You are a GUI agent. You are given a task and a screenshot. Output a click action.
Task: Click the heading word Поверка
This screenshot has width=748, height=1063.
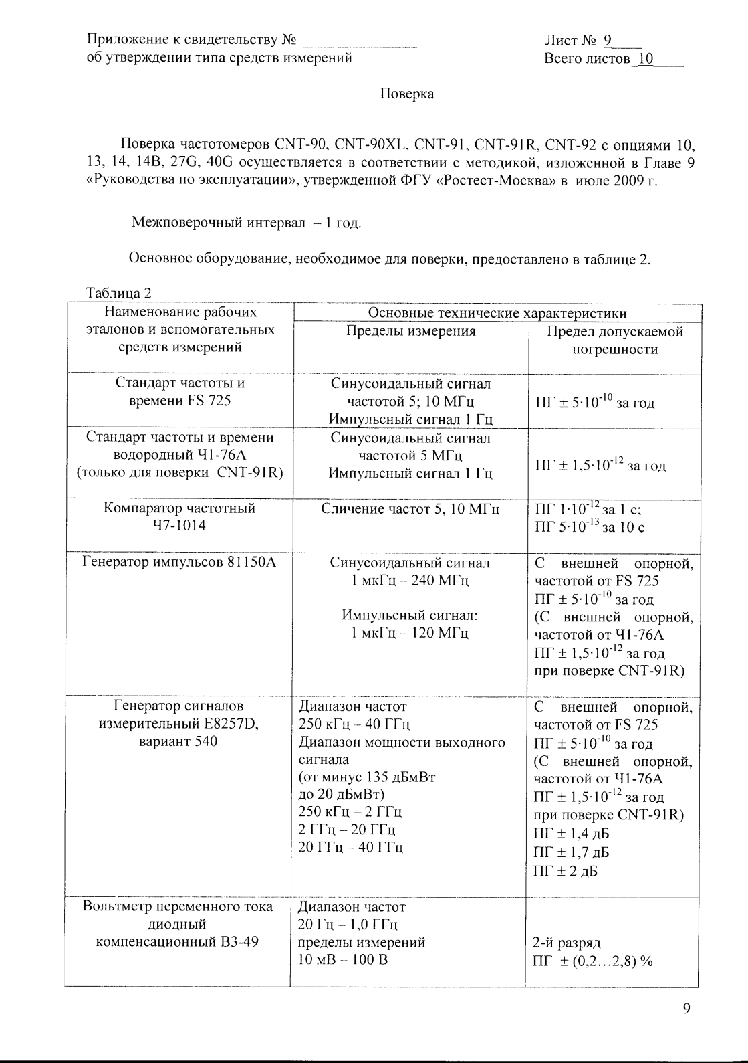click(x=406, y=94)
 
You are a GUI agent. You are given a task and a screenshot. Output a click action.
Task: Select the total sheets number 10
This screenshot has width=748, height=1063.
click(x=644, y=59)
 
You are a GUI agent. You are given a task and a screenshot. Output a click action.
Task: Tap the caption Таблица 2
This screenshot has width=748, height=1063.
click(x=119, y=293)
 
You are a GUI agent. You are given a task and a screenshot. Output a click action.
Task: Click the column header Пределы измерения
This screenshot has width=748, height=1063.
click(x=410, y=331)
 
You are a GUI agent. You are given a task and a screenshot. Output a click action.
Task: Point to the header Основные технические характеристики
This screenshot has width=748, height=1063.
click(x=497, y=313)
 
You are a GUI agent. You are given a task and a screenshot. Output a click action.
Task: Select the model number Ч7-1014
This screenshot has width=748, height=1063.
click(x=179, y=525)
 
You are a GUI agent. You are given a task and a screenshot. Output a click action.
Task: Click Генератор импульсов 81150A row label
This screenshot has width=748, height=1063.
click(x=178, y=562)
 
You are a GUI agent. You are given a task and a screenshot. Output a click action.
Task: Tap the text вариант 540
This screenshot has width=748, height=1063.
click(x=178, y=741)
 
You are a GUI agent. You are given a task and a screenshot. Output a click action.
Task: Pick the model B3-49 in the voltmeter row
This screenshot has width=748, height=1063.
click(x=237, y=942)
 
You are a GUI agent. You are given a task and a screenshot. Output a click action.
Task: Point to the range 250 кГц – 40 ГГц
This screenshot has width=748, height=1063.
click(x=354, y=724)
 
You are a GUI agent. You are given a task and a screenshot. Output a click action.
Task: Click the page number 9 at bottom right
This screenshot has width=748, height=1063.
click(x=686, y=1009)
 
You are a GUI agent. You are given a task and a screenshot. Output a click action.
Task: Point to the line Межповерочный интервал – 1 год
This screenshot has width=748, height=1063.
click(x=246, y=222)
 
